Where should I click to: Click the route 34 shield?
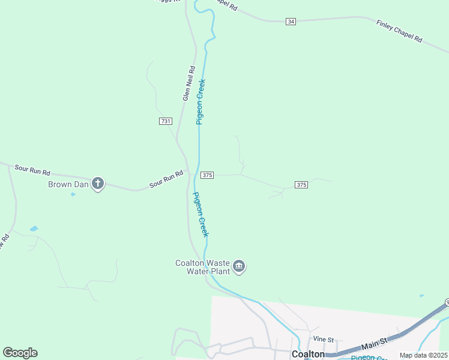[x=291, y=22]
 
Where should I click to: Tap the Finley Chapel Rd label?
[x=399, y=31]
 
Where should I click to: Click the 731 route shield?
[x=166, y=121]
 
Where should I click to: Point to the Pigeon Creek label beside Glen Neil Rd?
[x=201, y=101]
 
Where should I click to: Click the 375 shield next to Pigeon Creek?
[x=207, y=175]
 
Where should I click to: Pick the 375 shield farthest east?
[x=301, y=185]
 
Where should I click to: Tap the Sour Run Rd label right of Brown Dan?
[x=166, y=178]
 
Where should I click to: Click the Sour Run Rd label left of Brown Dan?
[x=32, y=170]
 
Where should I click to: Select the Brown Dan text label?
[x=68, y=184]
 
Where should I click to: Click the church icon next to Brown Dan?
[x=98, y=184]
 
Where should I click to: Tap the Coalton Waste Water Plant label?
[x=202, y=267]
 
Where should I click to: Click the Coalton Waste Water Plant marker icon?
[x=239, y=266]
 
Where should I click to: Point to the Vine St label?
[x=322, y=340]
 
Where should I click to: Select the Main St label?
[x=376, y=343]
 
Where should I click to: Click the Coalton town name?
[x=308, y=354]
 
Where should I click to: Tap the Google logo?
[x=20, y=353]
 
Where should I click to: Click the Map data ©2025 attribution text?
[x=424, y=355]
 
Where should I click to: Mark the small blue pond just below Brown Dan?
[x=73, y=194]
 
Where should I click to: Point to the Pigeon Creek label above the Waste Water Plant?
[x=200, y=214]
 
